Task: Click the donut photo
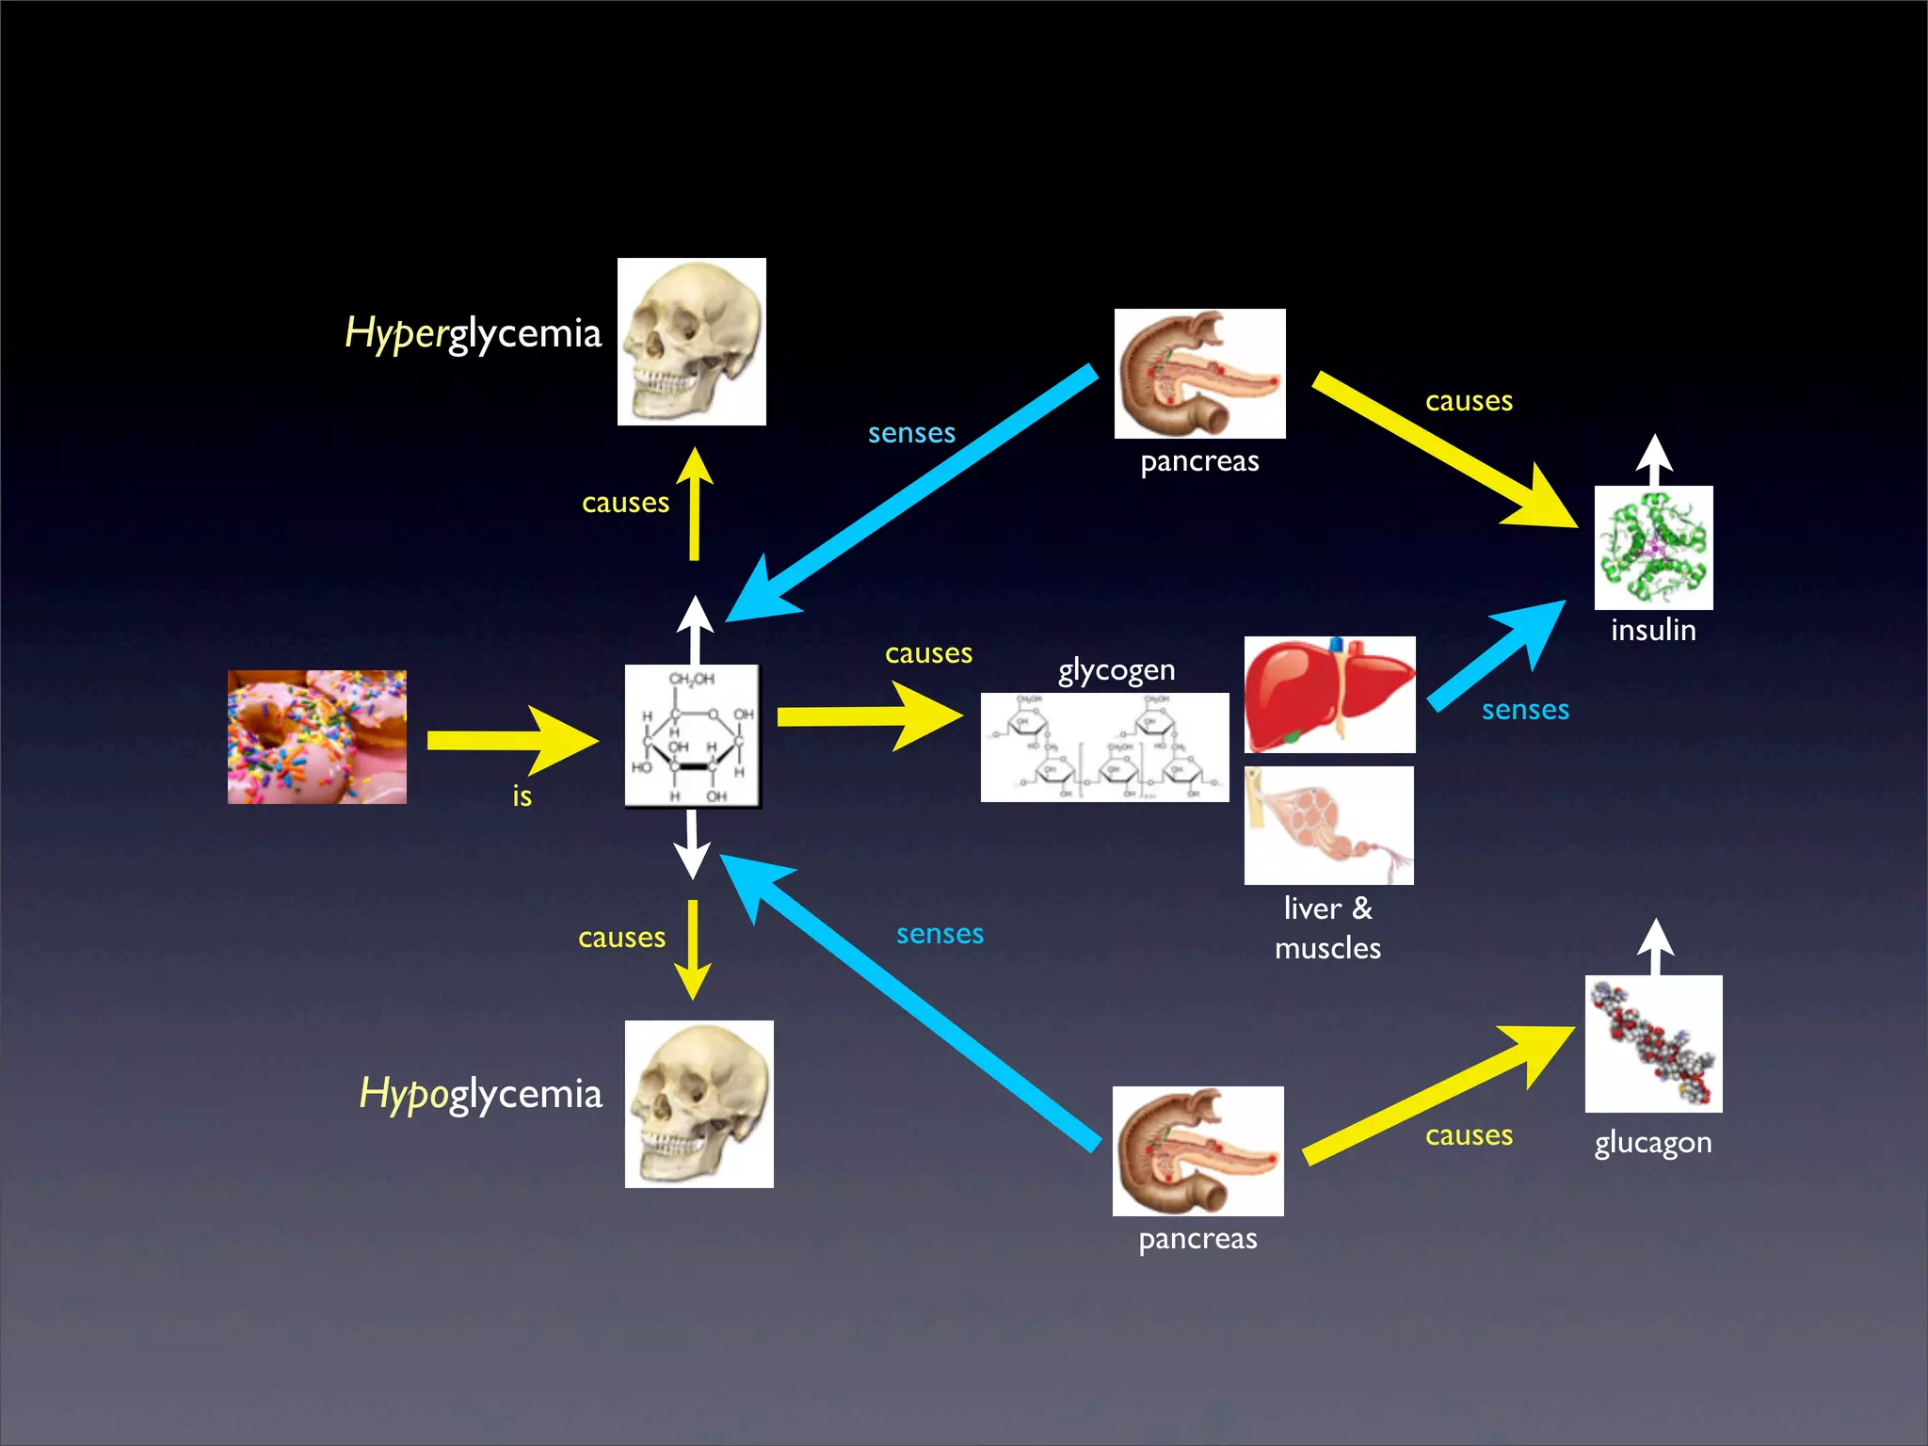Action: [316, 736]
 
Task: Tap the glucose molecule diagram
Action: [693, 736]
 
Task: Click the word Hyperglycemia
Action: [473, 334]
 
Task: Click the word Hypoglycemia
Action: [480, 1095]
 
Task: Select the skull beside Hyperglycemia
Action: [691, 341]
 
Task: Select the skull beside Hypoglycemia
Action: [699, 1103]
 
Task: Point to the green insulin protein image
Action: [1653, 547]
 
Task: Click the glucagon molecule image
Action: [1653, 1043]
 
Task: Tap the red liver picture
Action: [1329, 695]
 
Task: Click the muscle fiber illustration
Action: [1328, 825]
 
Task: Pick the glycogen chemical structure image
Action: [1104, 747]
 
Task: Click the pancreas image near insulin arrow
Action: [1199, 374]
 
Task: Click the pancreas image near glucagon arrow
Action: [1197, 1150]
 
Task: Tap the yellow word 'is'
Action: [522, 796]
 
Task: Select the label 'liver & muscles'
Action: [1327, 927]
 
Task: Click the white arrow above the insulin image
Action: [1654, 458]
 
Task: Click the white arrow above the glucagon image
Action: [1655, 945]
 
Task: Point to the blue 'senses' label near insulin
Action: [1525, 710]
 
